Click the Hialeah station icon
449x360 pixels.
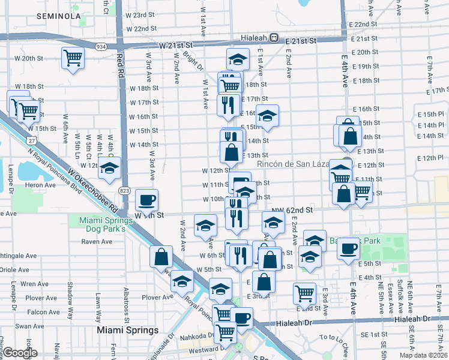(x=274, y=37)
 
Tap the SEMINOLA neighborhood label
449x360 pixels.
(x=59, y=16)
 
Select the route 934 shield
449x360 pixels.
(x=101, y=46)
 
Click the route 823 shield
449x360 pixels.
(x=124, y=190)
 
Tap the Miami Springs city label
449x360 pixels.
(x=128, y=330)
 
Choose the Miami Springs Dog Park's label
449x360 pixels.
(x=103, y=225)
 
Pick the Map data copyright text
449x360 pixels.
(x=423, y=355)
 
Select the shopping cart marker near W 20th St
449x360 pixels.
(x=73, y=58)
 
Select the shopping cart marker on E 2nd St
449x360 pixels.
(x=305, y=293)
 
